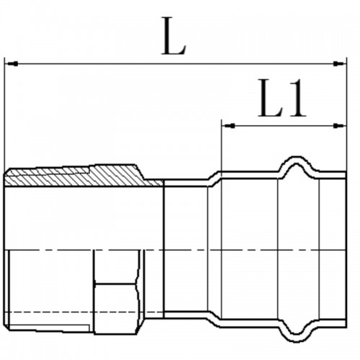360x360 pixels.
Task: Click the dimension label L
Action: [174, 36]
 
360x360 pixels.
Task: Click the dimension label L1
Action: [282, 98]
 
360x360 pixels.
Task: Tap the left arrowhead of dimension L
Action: [12, 64]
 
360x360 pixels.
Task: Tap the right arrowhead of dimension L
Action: [340, 64]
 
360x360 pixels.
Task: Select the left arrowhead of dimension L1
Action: [228, 125]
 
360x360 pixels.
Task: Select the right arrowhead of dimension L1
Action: [340, 125]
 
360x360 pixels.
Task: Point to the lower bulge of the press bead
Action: [297, 337]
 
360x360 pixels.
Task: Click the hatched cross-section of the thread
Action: [81, 177]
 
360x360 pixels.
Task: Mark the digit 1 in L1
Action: [297, 98]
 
